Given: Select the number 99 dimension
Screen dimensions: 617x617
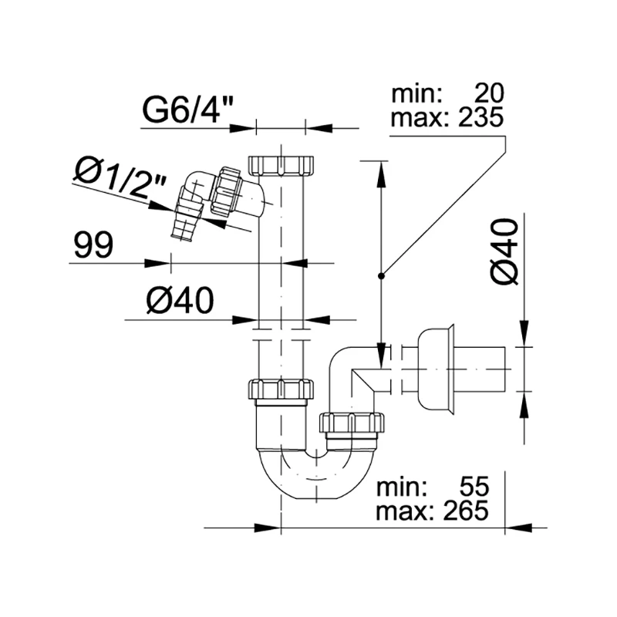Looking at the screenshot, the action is point(93,245).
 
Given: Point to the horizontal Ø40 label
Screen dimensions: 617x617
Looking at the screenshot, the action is point(180,301).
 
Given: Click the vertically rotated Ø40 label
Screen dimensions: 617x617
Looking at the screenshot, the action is point(505,252).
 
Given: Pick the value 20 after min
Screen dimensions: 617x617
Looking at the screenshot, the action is point(489,93).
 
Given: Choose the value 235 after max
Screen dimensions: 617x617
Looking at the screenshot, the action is point(480,117).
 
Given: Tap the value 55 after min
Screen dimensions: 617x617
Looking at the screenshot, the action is point(474,487).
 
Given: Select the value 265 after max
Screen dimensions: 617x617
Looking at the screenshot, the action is point(466,511).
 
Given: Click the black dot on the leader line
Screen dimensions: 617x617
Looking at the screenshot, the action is point(381,276).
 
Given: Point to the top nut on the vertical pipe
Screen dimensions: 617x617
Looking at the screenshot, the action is point(281,165).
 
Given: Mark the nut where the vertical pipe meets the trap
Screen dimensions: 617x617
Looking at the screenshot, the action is point(281,389).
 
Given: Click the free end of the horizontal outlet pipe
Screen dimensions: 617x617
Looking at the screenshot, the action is point(504,369).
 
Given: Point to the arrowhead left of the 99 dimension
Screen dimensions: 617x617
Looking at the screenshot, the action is point(157,263).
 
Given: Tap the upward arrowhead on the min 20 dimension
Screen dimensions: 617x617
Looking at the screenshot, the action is point(381,174).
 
